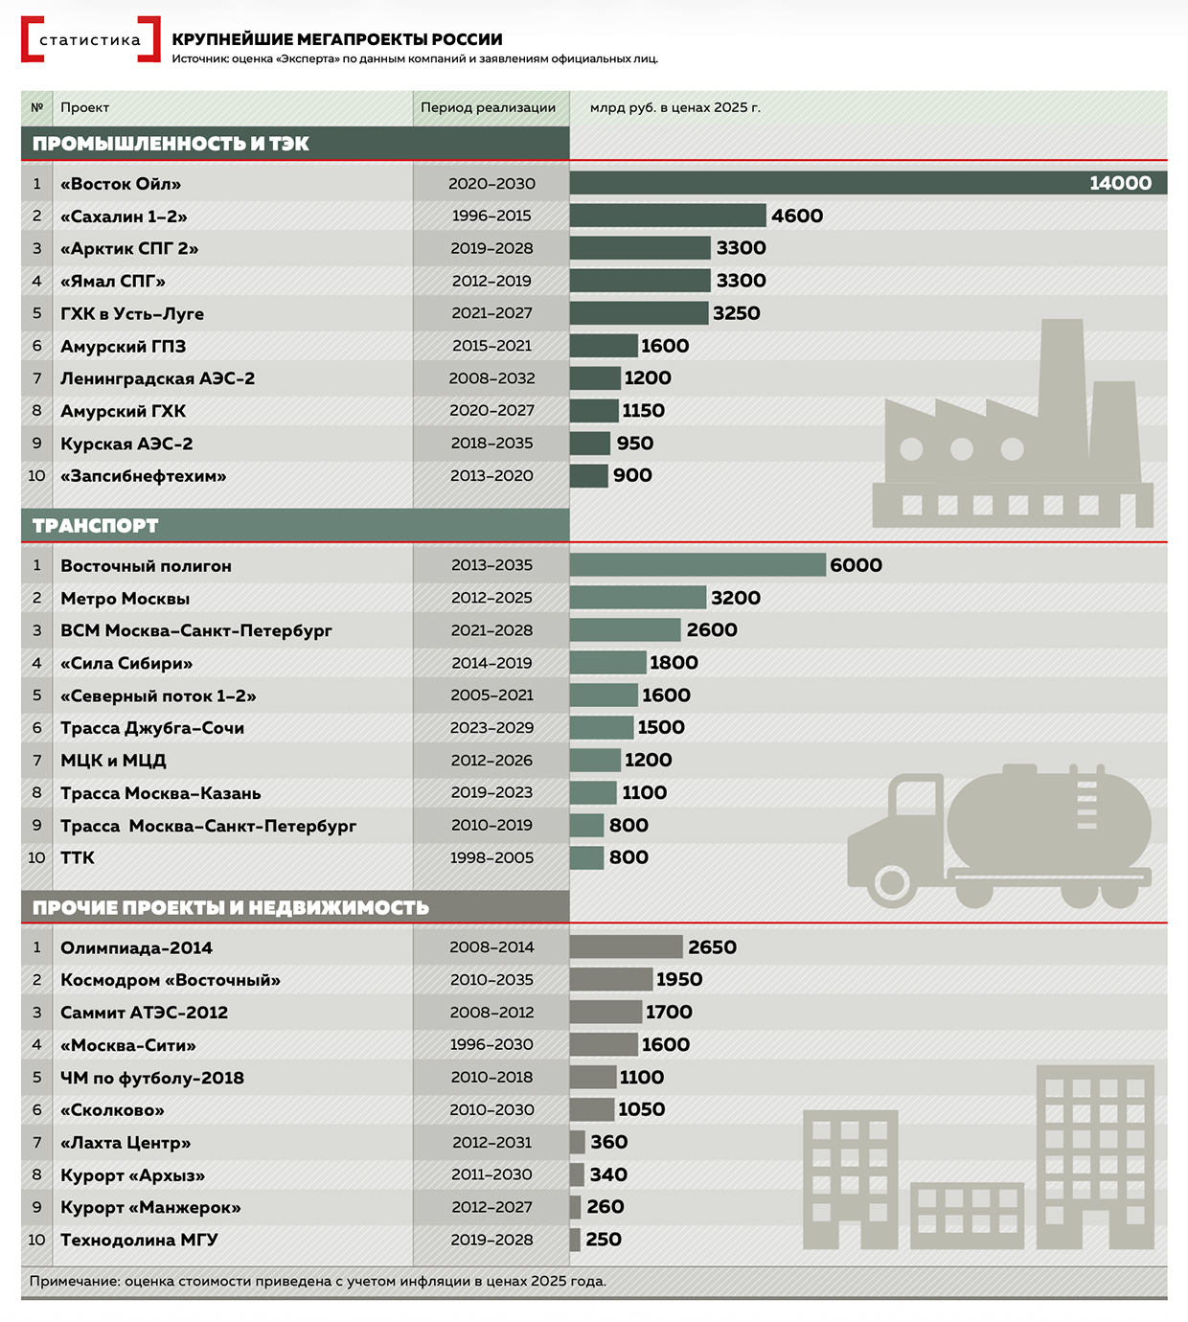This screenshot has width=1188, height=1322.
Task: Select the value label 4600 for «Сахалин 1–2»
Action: click(797, 216)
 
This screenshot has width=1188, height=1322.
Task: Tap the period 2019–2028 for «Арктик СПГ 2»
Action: click(491, 248)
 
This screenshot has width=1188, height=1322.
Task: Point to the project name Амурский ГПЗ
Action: click(123, 346)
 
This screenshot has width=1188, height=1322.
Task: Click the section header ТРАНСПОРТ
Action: click(95, 525)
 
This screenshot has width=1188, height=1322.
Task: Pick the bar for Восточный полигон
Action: click(697, 565)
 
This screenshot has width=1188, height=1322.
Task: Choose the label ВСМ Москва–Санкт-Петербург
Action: click(196, 630)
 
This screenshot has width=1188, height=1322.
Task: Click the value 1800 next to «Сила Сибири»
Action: click(674, 663)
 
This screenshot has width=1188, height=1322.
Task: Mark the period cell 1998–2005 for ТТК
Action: click(491, 857)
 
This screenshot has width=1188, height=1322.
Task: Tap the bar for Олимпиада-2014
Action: click(626, 947)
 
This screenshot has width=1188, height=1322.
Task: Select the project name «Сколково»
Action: click(112, 1110)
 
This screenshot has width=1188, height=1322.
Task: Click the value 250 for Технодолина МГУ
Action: click(604, 1240)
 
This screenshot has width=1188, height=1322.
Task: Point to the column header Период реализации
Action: click(488, 107)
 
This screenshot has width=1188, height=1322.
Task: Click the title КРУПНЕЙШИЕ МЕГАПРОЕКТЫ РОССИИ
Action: click(337, 39)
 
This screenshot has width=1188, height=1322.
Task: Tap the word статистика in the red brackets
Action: click(90, 40)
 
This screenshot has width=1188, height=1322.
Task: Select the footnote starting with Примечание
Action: click(317, 1281)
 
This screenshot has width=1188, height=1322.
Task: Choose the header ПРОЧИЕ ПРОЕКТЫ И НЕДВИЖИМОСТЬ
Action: click(230, 907)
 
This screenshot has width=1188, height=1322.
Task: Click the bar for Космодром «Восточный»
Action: click(610, 979)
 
